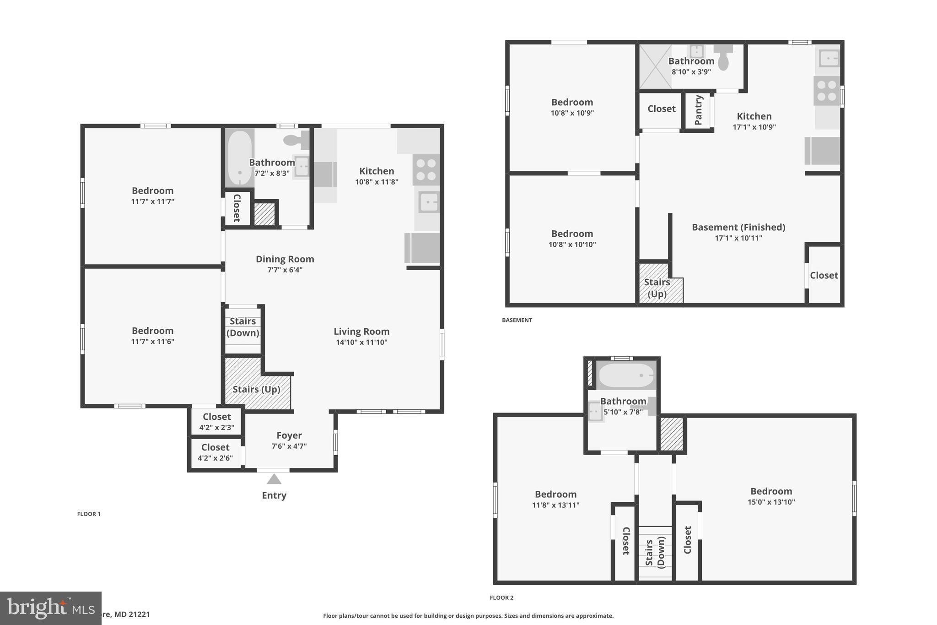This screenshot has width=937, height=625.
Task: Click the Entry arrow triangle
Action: pos(274,479)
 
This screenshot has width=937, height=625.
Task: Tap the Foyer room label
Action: pos(289,435)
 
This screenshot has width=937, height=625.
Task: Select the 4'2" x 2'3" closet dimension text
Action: pos(216,428)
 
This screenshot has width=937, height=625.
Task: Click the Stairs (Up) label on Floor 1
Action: pos(256,389)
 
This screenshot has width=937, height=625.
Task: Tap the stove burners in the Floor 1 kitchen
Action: pos(426,169)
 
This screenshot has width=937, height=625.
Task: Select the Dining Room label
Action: pos(285,259)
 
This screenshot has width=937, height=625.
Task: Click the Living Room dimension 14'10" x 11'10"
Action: pos(361,342)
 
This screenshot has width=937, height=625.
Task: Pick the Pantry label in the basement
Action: pos(699,110)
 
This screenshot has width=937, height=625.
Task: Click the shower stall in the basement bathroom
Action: pos(655,66)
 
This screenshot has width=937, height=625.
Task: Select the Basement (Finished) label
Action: pos(738,227)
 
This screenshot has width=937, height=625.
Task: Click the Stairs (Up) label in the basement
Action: pos(657,288)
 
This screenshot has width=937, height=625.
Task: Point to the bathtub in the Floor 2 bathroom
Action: pos(626,375)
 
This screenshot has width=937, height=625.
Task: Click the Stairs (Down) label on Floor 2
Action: pos(655,554)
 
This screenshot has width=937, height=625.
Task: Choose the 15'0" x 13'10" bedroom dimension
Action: pos(771,502)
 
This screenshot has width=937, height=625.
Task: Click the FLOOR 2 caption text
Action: pos(501,598)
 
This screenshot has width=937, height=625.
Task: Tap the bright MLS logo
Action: pos(50,608)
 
